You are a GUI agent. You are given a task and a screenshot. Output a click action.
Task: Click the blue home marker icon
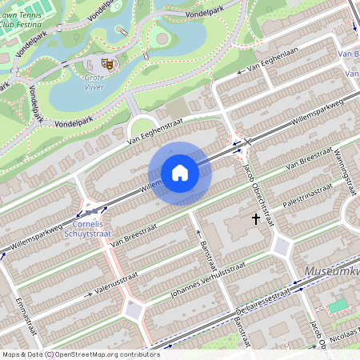(x=180, y=173)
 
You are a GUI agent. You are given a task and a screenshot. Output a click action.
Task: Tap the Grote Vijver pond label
(x=100, y=82)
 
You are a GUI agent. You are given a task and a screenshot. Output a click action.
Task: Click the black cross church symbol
(x=256, y=218)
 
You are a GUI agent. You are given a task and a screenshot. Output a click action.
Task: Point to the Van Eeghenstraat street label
(x=155, y=132)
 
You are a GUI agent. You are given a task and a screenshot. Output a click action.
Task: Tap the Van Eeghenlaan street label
(x=262, y=71)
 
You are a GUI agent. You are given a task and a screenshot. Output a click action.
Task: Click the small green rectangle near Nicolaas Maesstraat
(x=338, y=306)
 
